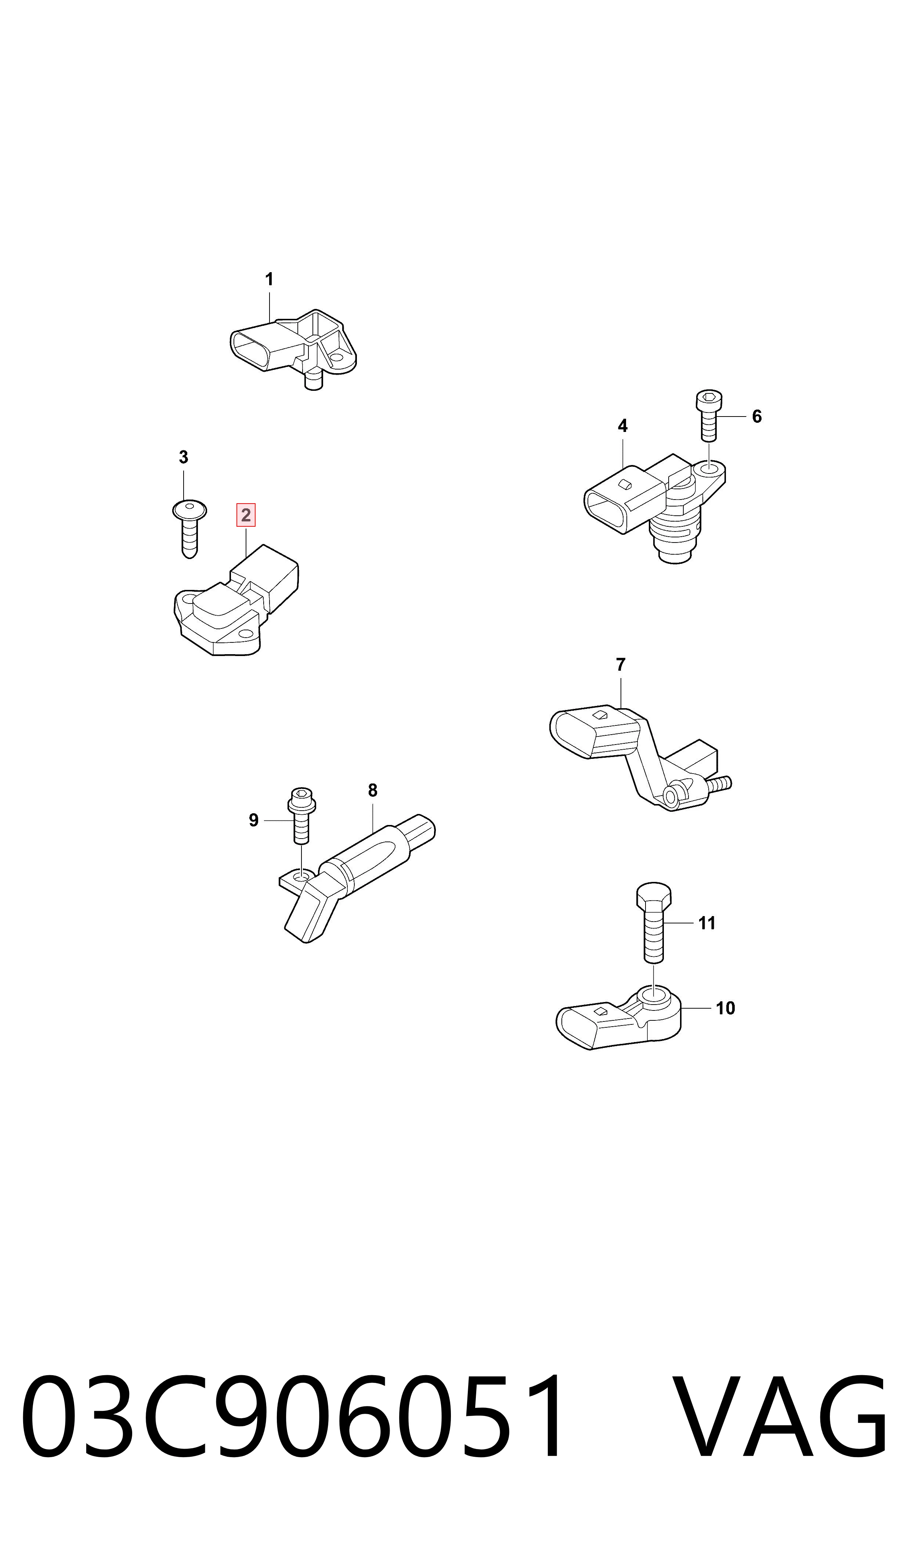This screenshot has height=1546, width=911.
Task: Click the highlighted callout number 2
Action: click(246, 515)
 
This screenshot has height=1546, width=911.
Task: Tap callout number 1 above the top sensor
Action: click(269, 280)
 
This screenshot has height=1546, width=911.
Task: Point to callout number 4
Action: click(622, 426)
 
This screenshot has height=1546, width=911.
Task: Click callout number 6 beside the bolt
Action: click(757, 417)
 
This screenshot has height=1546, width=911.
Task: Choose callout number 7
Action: click(621, 665)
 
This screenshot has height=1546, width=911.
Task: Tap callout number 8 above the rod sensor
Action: click(373, 791)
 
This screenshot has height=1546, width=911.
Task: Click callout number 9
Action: click(253, 821)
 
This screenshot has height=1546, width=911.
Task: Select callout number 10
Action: click(726, 1009)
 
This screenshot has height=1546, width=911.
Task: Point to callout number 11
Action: click(707, 923)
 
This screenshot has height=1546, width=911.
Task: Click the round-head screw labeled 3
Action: click(189, 528)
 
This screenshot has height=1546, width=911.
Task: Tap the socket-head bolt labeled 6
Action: click(709, 416)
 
